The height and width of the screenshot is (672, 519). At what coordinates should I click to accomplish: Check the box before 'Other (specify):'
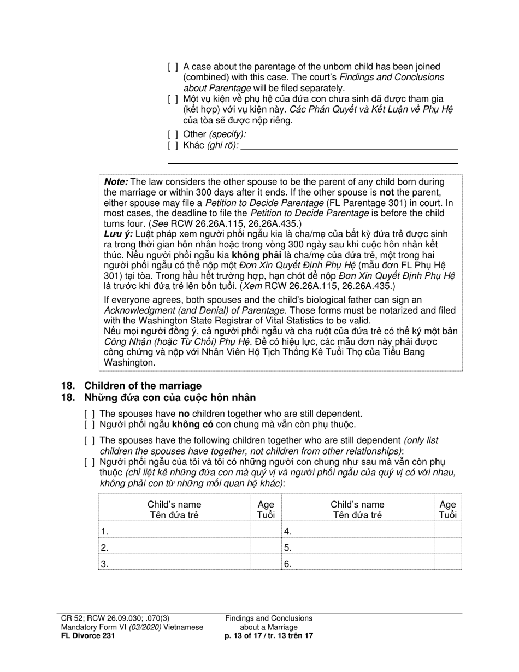point(173,134)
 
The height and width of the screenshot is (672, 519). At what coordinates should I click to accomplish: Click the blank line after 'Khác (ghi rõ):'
point(349,145)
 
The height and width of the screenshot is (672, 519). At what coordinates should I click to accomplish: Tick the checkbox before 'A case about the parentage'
point(173,67)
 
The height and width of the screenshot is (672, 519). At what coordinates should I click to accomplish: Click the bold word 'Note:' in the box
point(116,182)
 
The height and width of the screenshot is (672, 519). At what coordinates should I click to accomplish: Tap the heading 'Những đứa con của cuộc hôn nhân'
point(169,398)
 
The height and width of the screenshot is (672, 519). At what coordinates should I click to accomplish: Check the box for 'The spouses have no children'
point(90,415)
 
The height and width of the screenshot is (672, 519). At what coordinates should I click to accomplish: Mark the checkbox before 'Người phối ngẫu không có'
point(90,425)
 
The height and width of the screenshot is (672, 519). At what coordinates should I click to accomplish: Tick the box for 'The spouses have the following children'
point(90,441)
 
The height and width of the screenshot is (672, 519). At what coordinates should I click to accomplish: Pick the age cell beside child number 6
point(447,563)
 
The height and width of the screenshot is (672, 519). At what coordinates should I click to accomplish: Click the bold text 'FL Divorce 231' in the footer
point(88,636)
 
